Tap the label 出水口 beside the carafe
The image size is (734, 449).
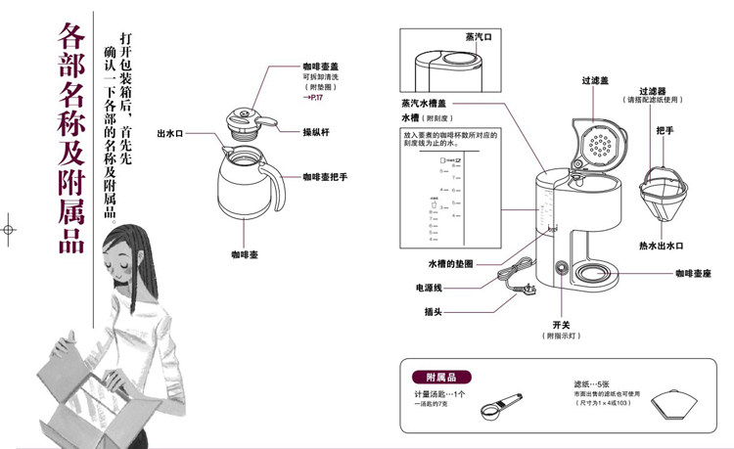[x=170, y=132]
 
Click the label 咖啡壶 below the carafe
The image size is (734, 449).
[x=243, y=254]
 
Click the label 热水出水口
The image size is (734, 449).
[x=661, y=245]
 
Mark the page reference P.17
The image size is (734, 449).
[x=314, y=100]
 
